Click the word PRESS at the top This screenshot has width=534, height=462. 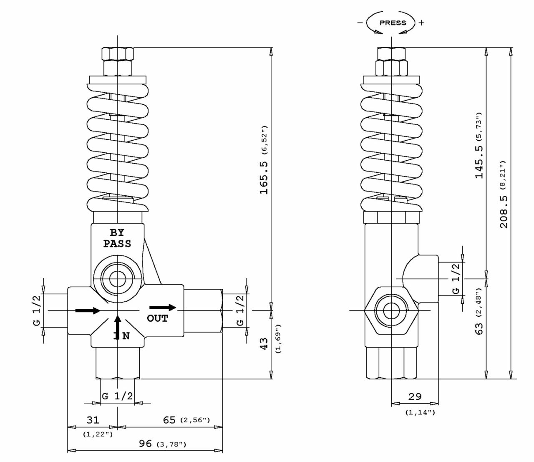coord(393,23)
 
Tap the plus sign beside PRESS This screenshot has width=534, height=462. coord(421,23)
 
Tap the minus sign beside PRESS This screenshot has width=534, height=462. coord(360,23)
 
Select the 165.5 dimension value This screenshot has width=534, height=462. coord(264,178)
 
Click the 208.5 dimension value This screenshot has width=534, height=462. coord(504,212)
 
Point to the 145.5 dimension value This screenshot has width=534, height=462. coord(479,162)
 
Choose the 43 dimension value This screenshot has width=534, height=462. coord(264,343)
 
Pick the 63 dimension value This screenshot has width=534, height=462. coord(479,329)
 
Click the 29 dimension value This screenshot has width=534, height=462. coord(415,396)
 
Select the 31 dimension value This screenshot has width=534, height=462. coord(93,420)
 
